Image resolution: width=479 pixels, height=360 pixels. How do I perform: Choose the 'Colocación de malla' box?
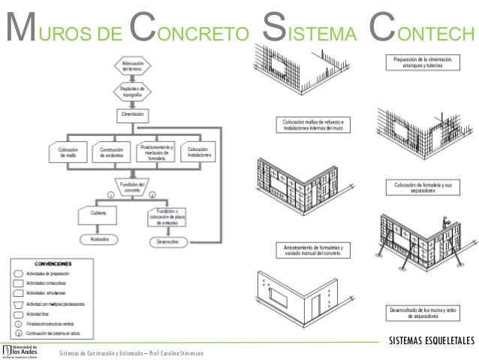[x=69, y=152]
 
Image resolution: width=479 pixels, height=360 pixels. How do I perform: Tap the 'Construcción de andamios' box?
[x=111, y=152]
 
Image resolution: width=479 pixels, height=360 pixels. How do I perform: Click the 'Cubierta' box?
[x=98, y=213]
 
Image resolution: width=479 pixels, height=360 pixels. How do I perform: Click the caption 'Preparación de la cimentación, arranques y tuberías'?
[x=421, y=62]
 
